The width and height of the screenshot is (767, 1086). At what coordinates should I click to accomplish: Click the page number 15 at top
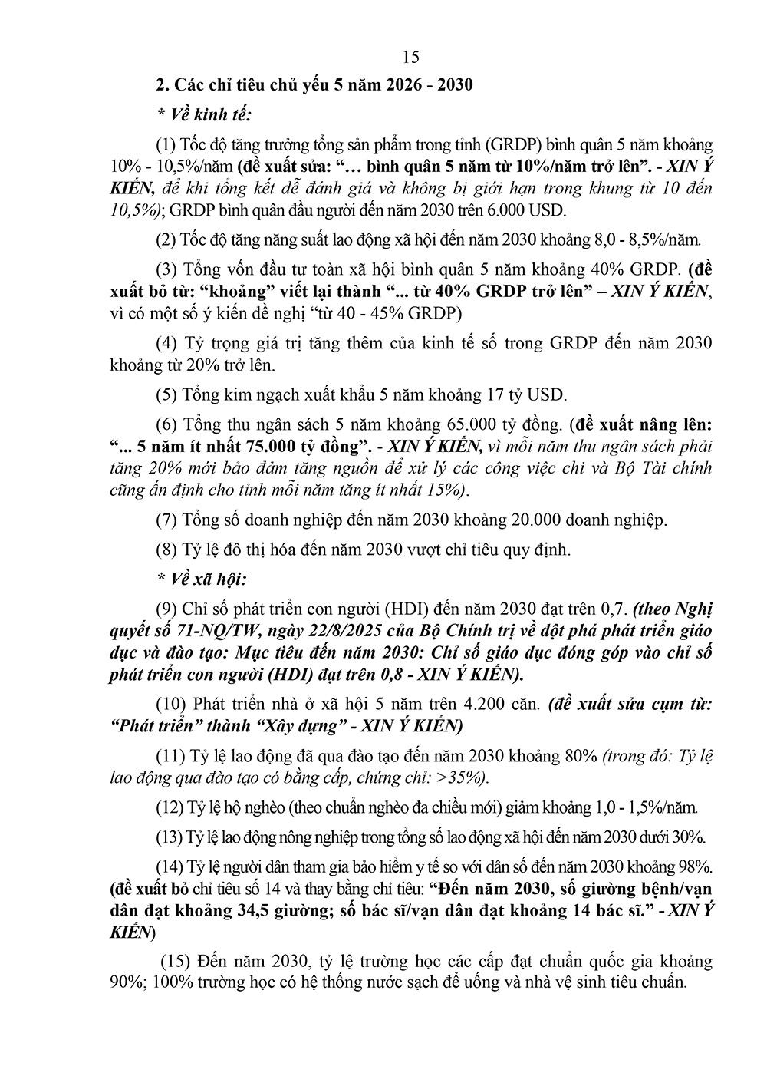pyautogui.click(x=410, y=57)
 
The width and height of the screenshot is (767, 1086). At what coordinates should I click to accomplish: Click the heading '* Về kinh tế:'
pyautogui.click(x=203, y=114)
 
